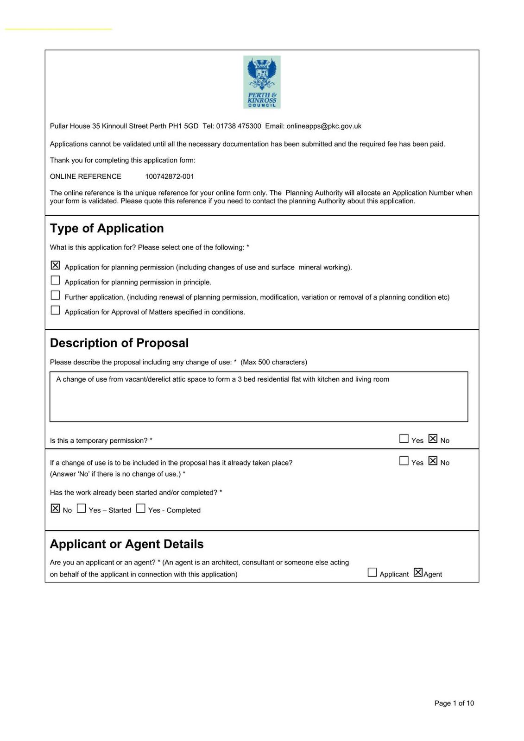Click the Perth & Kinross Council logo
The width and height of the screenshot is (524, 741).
click(262, 82)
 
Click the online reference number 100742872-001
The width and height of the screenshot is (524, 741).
click(170, 176)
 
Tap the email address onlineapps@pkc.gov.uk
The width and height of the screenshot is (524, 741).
click(324, 126)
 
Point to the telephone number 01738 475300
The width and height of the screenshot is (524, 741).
click(239, 126)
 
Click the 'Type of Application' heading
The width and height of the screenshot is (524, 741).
click(107, 228)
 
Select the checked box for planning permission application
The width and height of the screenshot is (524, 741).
click(55, 265)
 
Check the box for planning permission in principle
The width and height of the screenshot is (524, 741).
click(55, 280)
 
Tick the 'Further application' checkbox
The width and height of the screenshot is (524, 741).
click(55, 295)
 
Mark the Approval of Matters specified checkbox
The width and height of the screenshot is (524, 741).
click(55, 310)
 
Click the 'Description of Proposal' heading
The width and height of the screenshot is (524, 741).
click(119, 343)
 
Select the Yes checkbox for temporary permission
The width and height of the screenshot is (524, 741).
click(404, 439)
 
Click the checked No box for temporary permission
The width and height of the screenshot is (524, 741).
click(433, 439)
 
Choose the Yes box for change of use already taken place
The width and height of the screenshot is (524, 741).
click(404, 461)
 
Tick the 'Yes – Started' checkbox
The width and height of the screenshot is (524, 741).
click(82, 509)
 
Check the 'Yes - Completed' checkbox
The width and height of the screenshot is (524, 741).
click(141, 509)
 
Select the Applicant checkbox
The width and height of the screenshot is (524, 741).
click(372, 572)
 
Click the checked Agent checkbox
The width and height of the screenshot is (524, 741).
click(418, 572)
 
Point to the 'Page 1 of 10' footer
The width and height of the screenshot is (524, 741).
click(454, 703)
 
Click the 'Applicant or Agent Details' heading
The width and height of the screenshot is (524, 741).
click(126, 544)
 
